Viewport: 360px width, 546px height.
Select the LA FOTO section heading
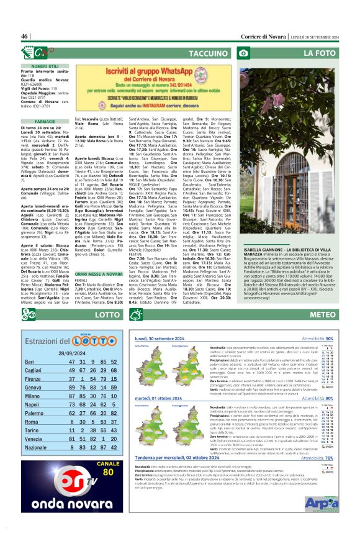coord(323,54)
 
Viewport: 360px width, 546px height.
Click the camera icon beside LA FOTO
coord(244,54)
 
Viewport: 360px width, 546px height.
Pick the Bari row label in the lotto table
coord(29,362)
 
